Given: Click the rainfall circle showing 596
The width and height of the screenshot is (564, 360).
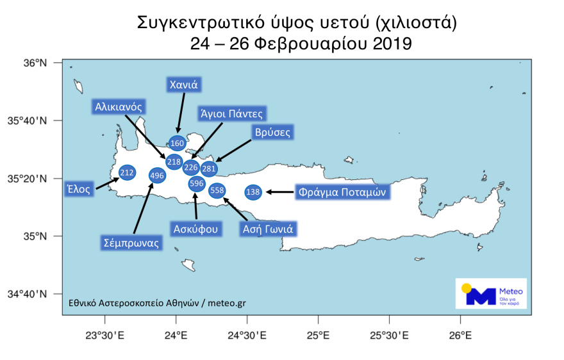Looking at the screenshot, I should click(x=196, y=184).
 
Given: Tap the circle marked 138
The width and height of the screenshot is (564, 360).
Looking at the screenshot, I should click(x=253, y=192).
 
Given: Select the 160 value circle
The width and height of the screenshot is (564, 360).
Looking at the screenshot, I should click(x=178, y=143).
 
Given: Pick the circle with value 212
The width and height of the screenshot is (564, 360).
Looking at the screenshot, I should click(x=127, y=172).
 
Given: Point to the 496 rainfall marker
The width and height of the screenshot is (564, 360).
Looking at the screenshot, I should click(x=157, y=175).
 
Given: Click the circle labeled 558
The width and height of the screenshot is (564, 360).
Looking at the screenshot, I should click(x=217, y=190).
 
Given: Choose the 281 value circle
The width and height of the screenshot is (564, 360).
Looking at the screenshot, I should click(x=209, y=168).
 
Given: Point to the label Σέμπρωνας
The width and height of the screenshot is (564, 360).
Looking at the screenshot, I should click(x=131, y=243).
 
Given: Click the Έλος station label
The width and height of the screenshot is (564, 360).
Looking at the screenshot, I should click(x=79, y=189).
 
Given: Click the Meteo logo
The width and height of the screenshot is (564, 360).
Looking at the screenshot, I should click(x=491, y=293).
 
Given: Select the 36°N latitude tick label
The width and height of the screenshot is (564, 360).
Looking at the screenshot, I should click(x=36, y=63).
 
